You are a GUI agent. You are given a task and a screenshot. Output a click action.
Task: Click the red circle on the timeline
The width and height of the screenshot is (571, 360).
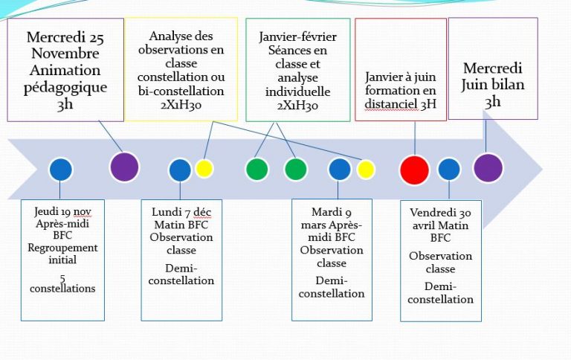coord(414,170)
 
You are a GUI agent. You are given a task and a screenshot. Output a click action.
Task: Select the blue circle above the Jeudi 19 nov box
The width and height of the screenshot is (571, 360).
coord(61,170)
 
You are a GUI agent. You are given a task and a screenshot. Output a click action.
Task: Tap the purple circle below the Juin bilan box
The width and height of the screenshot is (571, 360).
coord(488,167)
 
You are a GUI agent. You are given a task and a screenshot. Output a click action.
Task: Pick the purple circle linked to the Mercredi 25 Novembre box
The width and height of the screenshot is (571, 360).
coord(124,167)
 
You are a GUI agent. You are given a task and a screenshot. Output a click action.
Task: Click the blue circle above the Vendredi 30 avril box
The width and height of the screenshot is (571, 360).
coord(449,170)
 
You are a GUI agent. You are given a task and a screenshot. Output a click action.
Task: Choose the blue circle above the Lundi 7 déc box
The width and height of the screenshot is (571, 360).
coord(180,170)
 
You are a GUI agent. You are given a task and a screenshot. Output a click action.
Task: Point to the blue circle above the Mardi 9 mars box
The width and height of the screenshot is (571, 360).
coord(339,170)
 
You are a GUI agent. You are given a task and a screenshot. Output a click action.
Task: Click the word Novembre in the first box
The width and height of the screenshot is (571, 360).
coord(63,54)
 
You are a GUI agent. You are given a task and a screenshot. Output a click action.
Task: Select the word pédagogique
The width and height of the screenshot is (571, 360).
coord(64,87)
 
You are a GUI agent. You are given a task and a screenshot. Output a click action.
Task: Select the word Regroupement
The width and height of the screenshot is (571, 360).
coord(63,248)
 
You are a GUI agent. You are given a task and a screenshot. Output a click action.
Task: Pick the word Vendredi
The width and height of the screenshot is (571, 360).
coord(429,213)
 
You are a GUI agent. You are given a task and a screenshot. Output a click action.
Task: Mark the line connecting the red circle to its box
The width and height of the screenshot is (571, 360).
coord(414,138)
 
